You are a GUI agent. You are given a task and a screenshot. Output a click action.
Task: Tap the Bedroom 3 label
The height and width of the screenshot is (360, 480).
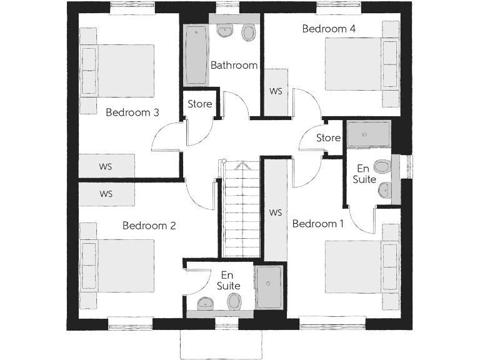point(132,112)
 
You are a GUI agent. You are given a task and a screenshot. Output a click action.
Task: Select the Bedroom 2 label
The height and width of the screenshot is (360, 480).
point(149,226)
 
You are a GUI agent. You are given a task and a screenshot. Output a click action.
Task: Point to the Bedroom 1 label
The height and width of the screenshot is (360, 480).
point(317,224)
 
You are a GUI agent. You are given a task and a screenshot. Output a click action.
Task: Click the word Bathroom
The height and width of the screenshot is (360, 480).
point(234,65)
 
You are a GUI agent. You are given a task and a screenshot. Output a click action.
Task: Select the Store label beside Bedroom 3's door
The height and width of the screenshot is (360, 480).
point(200,104)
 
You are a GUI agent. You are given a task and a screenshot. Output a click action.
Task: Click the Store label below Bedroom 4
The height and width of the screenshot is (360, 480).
point(328,137)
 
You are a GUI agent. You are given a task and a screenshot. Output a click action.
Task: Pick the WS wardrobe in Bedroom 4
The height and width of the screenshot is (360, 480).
point(276,91)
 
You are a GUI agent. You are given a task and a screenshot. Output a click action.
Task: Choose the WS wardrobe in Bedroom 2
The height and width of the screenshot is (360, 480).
point(106,194)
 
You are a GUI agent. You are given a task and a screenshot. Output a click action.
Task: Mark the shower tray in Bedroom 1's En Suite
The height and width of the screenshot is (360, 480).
point(368,134)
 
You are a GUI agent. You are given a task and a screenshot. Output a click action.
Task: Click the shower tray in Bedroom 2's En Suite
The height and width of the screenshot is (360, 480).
point(269,286)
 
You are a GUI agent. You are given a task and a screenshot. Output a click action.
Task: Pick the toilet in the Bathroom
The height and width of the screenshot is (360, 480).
point(249,32)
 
